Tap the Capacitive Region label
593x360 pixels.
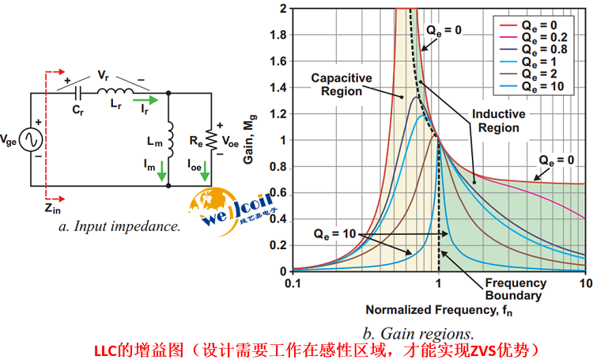click(x=342, y=84)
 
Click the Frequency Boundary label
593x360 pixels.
click(x=515, y=289)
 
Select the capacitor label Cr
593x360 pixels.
click(x=77, y=111)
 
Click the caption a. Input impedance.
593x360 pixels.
click(x=119, y=226)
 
